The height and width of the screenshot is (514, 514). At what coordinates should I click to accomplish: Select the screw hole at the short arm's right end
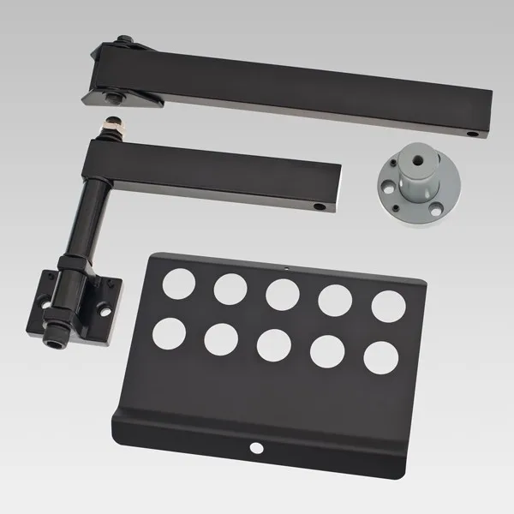point(319,206)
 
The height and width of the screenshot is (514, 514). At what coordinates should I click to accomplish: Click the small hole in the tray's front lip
point(254,447)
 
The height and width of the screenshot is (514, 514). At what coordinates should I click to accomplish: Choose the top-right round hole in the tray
point(389,306)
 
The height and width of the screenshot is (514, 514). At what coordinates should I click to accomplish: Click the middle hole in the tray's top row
point(282,293)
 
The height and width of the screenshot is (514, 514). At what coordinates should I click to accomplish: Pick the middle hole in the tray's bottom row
point(273,344)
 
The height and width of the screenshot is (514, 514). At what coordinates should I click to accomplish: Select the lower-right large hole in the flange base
point(429,182)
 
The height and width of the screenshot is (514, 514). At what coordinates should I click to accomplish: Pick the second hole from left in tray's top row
point(230,288)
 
